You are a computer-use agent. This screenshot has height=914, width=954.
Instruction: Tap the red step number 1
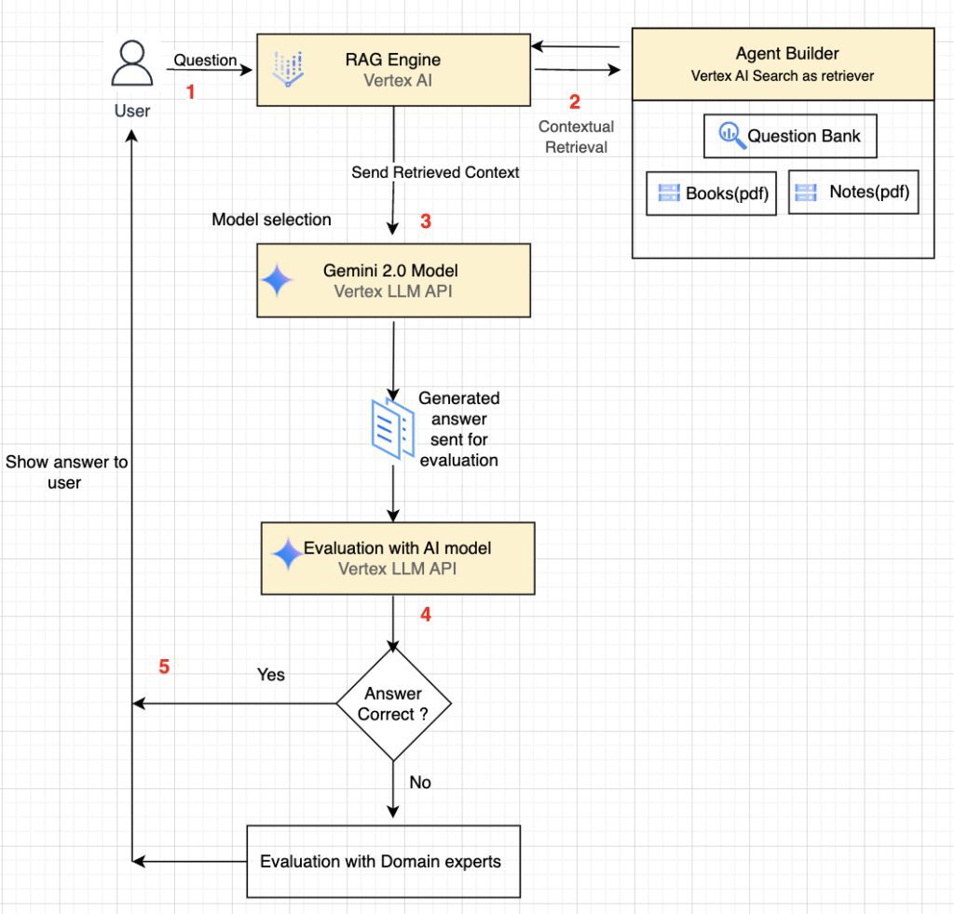(191, 92)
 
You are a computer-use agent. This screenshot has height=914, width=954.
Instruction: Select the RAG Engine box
(392, 71)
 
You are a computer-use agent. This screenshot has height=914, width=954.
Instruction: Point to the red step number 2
(575, 102)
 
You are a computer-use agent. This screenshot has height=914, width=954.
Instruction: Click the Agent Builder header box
(783, 64)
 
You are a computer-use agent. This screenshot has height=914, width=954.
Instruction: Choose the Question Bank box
(790, 137)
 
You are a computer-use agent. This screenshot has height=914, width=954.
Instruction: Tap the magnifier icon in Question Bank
(730, 136)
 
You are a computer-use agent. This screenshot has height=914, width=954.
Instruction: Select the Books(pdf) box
(711, 194)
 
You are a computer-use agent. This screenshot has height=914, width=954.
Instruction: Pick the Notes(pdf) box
(853, 193)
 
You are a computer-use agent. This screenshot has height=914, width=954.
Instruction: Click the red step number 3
(426, 222)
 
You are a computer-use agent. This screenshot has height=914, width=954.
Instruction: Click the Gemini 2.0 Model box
(393, 280)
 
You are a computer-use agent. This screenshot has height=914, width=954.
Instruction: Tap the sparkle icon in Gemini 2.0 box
(278, 280)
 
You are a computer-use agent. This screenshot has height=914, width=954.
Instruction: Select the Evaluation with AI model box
(398, 558)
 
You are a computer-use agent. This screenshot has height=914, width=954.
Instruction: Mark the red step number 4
(426, 614)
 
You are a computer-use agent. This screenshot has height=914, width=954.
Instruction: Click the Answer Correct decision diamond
(393, 704)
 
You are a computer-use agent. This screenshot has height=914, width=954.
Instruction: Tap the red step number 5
(164, 667)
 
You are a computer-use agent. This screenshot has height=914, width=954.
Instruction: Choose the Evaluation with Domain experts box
(382, 861)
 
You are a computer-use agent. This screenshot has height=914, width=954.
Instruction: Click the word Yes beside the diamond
(271, 675)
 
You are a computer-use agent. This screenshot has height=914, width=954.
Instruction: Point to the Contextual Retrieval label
(576, 137)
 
